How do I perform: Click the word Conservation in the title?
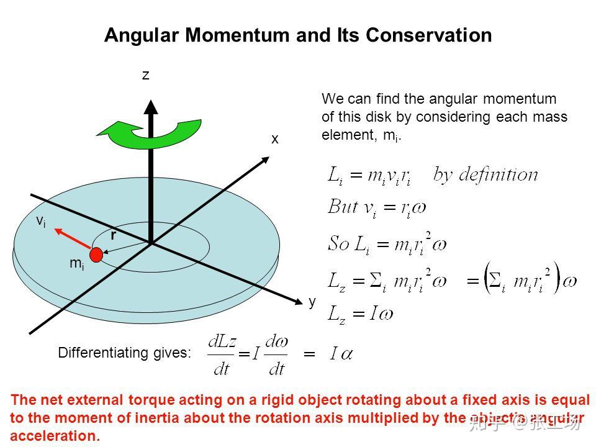pos(429,35)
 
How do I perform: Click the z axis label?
pos(146,75)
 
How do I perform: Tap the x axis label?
pos(274,140)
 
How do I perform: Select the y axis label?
pos(312,302)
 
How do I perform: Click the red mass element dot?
pos(96,254)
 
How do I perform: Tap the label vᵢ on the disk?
pos(41,222)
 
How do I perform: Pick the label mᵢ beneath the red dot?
pos(76,264)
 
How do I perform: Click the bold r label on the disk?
pos(113,235)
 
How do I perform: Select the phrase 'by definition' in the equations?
pos(486,174)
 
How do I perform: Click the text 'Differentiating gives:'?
pos(125,353)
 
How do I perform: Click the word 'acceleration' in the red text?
pos(55,436)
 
